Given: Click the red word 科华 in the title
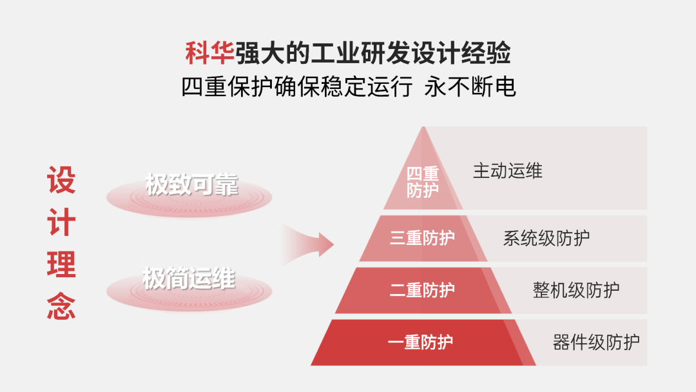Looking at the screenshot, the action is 209,53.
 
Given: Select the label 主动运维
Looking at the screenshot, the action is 508,171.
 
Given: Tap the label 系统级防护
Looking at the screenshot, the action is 546,238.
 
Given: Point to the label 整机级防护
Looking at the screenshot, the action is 576,289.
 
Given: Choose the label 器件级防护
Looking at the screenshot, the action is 596,341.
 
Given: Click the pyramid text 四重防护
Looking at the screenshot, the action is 423,182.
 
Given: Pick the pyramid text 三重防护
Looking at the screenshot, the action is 422,238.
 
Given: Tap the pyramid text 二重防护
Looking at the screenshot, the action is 422,290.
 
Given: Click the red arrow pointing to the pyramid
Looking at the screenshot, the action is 309,244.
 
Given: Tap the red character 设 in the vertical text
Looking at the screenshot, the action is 61,181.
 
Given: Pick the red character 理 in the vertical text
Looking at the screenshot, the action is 61,264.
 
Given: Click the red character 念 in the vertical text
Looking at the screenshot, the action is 61,306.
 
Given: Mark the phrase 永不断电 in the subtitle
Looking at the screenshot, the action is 470,86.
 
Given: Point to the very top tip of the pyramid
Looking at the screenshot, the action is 423,128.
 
